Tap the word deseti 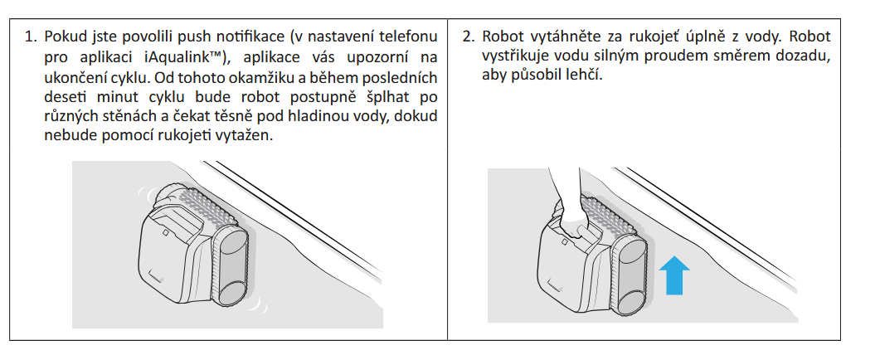click(x=64, y=98)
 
